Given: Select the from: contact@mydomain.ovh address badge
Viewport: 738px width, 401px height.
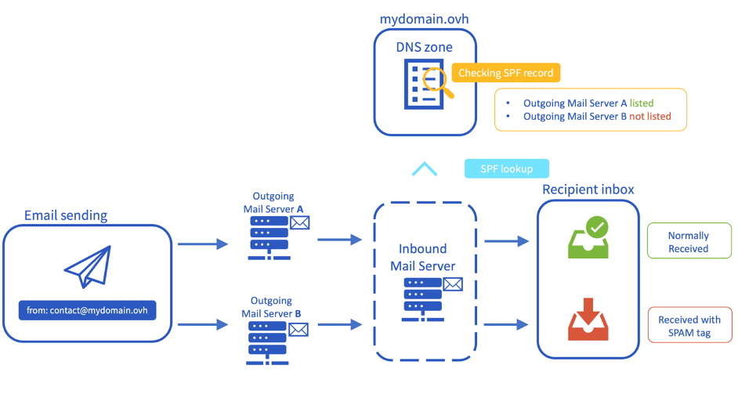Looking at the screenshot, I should [x=87, y=311].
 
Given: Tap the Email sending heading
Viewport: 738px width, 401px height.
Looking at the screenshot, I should [x=66, y=215].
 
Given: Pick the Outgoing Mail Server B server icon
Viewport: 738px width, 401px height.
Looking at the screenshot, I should [x=266, y=338].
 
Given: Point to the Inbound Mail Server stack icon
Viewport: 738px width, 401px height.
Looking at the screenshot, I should [x=423, y=298].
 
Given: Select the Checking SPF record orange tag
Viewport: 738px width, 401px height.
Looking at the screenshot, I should [x=505, y=73].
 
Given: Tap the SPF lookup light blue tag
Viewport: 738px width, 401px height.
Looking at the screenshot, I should [x=506, y=168].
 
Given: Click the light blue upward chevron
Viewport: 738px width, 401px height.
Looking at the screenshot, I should [x=424, y=169].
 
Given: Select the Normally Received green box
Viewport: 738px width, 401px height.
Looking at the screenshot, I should [x=688, y=242].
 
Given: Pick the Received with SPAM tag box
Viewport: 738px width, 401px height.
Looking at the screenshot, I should [x=689, y=326].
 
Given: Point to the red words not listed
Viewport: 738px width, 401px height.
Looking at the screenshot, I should [x=649, y=116].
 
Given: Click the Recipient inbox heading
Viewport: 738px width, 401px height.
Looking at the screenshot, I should [x=588, y=190].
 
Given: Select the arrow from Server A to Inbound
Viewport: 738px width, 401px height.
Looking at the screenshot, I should [x=339, y=240].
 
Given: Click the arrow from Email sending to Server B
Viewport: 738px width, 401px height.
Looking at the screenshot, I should [x=201, y=323].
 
